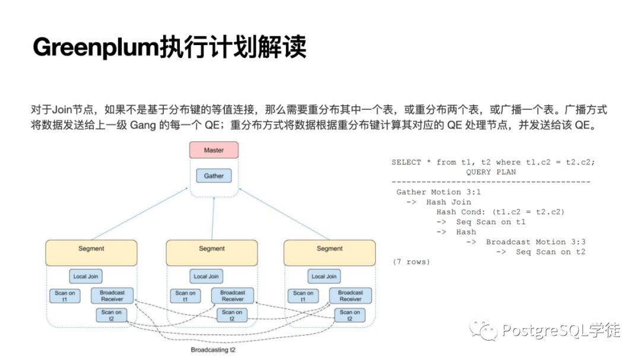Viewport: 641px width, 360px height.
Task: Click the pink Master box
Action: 214,150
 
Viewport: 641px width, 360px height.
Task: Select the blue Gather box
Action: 214,176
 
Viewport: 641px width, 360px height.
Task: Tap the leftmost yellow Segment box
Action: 91,253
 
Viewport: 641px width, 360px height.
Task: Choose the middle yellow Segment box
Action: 211,253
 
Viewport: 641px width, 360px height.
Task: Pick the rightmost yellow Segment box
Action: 329,253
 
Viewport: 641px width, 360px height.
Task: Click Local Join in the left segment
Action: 85,276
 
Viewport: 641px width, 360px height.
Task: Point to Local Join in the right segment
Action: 324,276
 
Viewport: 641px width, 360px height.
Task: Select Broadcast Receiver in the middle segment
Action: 232,295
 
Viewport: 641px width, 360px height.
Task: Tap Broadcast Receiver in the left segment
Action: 112,295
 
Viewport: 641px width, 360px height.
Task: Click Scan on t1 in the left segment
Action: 65,295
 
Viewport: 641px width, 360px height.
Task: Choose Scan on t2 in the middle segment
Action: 231,315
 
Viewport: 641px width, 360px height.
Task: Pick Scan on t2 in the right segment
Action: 350,315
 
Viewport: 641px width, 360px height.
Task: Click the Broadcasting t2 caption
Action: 213,350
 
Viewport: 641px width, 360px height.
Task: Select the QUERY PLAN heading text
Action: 491,172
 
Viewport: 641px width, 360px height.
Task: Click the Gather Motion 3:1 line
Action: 438,192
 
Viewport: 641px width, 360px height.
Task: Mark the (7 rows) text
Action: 411,262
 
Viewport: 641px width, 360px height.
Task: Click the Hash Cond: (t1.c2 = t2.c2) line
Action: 500,212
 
